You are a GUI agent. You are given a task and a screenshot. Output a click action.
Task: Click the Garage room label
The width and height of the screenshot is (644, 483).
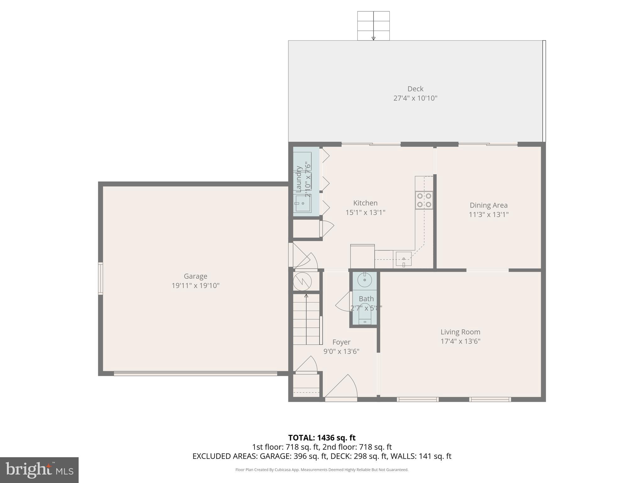coord(195,276)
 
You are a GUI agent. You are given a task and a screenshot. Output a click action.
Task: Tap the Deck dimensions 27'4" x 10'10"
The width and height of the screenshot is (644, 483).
coord(415,98)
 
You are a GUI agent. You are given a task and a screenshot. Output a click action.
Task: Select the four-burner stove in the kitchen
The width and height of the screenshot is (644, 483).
coord(424,200)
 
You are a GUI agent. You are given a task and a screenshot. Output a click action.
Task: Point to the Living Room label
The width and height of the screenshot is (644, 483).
coord(460,332)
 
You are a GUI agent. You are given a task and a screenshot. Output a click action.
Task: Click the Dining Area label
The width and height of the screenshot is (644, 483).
coord(488,205)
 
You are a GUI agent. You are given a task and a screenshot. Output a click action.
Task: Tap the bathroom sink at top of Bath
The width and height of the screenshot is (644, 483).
coord(364,280)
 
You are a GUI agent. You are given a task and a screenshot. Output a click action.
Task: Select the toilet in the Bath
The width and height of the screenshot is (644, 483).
coord(365,311)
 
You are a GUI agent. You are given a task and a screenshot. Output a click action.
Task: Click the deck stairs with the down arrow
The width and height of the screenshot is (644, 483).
coord(373,26)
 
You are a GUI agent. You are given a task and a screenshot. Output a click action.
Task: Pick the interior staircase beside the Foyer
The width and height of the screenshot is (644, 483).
coord(306,319)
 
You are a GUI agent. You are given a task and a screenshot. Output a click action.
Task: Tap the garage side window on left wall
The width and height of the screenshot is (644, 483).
coord(100,278)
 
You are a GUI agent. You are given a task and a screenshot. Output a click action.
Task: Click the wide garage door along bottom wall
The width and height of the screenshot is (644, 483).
coord(195,374)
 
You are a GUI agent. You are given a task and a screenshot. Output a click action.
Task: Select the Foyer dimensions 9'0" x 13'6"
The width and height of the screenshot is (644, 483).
coord(341,351)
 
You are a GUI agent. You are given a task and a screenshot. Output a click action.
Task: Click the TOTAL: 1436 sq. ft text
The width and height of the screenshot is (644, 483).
coord(322,438)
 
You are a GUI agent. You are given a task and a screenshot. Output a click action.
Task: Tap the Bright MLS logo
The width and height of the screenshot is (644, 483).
coord(39,470)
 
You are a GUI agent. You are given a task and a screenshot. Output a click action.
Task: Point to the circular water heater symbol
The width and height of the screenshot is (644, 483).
coord(302,282)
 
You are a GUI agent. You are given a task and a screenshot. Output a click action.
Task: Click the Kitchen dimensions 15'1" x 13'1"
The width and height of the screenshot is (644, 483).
coord(365,213)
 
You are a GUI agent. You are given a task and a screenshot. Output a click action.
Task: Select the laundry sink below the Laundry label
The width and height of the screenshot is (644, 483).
coord(303,203)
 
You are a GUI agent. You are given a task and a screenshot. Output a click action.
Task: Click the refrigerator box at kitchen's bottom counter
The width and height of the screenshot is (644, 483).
coord(362,256)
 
